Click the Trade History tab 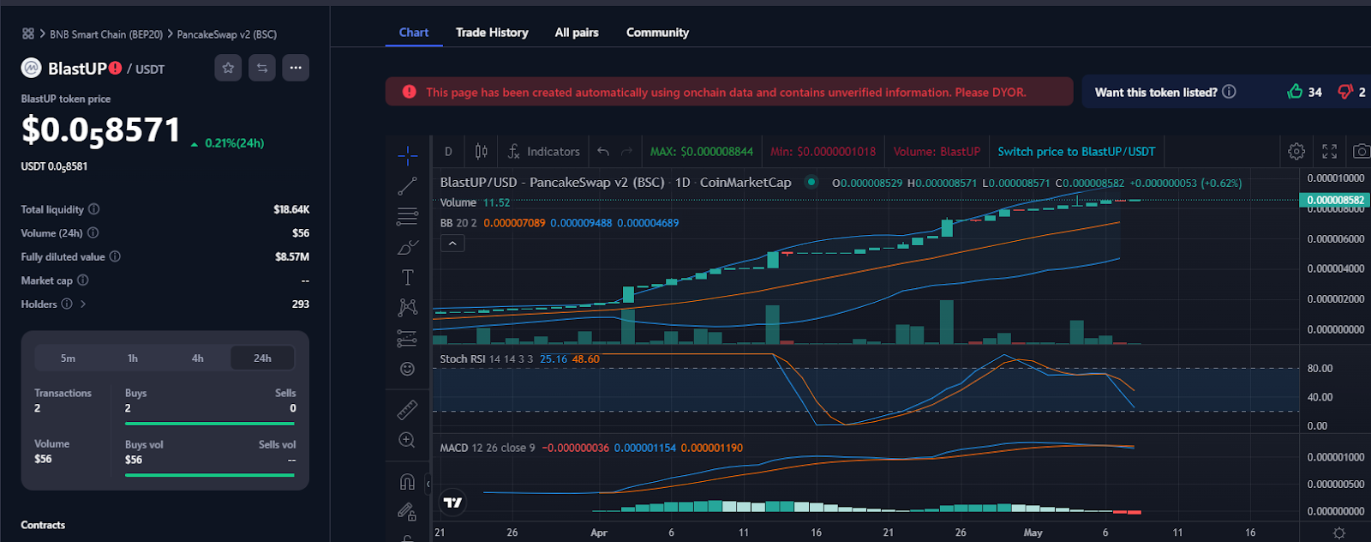click(x=492, y=33)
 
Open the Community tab click(x=657, y=33)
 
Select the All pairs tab click(x=577, y=33)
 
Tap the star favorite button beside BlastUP click(x=228, y=68)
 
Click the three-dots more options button click(x=296, y=68)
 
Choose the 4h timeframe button click(x=197, y=358)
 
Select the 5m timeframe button click(x=68, y=358)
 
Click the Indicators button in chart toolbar click(x=543, y=152)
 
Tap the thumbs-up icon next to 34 click(x=1295, y=92)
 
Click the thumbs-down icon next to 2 click(x=1345, y=92)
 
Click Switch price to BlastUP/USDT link click(x=1076, y=152)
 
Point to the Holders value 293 click(x=300, y=304)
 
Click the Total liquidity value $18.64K click(x=291, y=209)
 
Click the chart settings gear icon click(x=1296, y=152)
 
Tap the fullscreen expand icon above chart click(x=1329, y=152)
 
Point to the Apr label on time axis click(x=599, y=533)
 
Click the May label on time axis click(x=1033, y=533)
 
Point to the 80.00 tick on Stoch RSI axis click(x=1320, y=369)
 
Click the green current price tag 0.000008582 click(x=1334, y=200)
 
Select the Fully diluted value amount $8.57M click(x=292, y=257)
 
